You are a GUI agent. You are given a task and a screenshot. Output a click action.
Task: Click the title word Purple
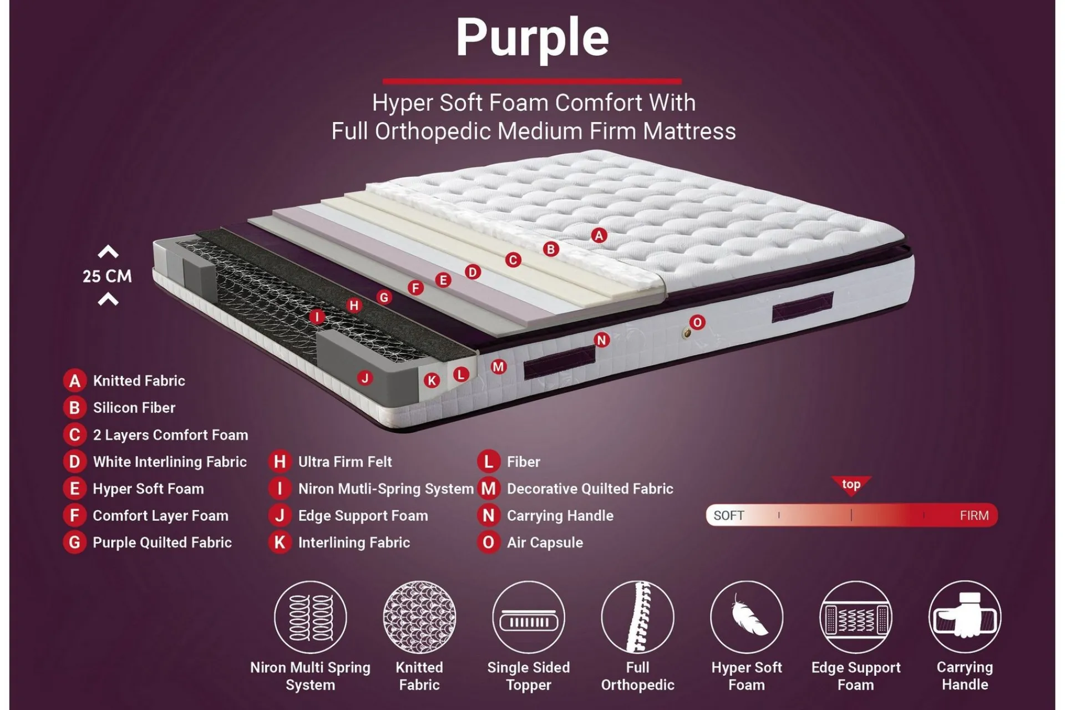[532, 38]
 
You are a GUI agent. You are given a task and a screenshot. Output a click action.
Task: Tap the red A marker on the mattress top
[599, 235]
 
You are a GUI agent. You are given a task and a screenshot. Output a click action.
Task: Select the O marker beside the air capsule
[697, 322]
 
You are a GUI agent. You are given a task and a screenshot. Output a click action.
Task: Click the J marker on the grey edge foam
[364, 378]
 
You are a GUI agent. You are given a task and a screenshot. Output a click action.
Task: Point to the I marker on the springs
[317, 317]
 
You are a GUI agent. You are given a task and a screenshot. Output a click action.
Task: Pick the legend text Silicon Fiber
[134, 408]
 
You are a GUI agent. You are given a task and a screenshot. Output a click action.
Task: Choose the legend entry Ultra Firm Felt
[345, 461]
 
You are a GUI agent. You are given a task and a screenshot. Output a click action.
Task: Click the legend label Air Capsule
[545, 542]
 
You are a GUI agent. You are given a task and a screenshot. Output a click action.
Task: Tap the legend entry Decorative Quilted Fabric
[590, 489]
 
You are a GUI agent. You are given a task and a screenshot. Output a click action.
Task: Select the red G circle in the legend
[74, 542]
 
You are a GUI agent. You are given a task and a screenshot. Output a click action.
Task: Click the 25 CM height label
[108, 276]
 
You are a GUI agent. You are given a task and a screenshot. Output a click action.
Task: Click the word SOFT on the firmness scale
[729, 516]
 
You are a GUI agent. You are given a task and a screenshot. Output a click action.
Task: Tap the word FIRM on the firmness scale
[974, 516]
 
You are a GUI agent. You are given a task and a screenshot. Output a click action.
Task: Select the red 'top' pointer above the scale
[851, 485]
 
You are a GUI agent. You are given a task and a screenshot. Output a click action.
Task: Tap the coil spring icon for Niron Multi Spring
[311, 617]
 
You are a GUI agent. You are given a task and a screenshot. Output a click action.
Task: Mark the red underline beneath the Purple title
[532, 81]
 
